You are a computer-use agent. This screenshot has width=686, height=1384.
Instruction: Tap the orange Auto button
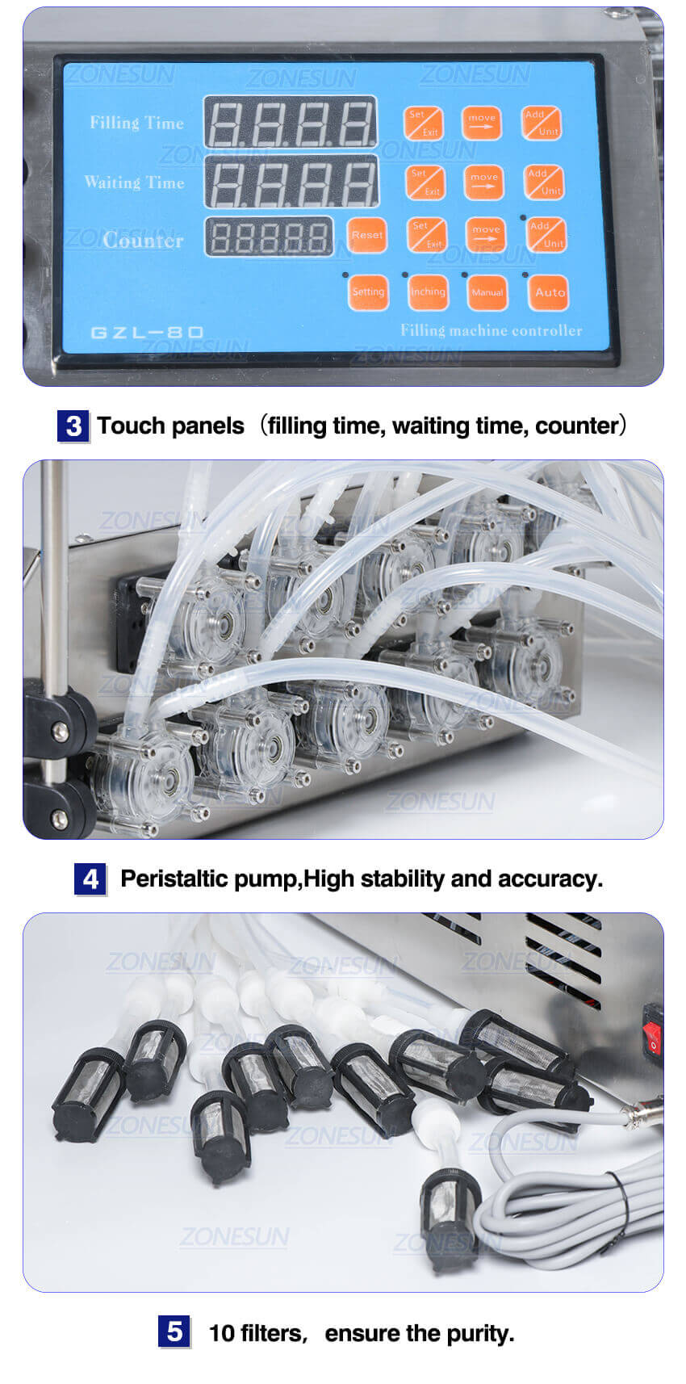(550, 292)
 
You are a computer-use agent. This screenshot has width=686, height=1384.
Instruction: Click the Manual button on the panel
(487, 292)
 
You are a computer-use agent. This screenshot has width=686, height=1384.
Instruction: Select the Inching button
(428, 291)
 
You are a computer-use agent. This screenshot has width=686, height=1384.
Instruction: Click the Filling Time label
(136, 123)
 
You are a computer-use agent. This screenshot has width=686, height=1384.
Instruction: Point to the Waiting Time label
(134, 182)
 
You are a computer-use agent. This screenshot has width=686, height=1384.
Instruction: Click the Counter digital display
(269, 237)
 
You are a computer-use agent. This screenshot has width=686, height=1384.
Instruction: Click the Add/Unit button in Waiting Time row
(543, 182)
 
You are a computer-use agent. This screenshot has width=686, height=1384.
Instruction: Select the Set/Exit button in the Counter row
(426, 235)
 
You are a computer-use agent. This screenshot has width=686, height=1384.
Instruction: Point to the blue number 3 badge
(73, 426)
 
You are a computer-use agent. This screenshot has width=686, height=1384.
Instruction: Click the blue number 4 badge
(90, 879)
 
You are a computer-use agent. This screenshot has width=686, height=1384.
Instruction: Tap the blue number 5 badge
(174, 1332)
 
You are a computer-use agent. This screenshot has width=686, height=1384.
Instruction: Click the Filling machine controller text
(491, 330)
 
